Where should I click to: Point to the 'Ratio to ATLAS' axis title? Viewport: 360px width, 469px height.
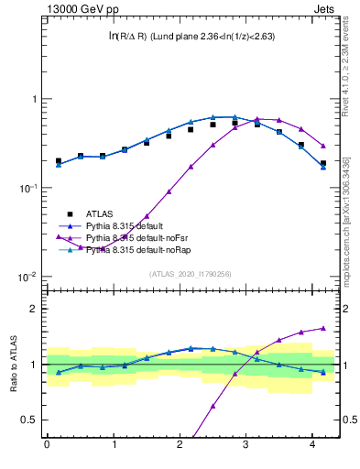point(12,364)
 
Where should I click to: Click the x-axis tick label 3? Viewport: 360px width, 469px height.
point(245,444)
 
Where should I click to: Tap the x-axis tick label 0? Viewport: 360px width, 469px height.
point(47,444)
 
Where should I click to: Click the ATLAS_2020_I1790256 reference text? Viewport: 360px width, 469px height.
point(191,274)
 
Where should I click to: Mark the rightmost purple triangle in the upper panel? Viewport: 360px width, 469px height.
point(323,146)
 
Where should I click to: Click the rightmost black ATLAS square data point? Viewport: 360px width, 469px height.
point(323,163)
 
